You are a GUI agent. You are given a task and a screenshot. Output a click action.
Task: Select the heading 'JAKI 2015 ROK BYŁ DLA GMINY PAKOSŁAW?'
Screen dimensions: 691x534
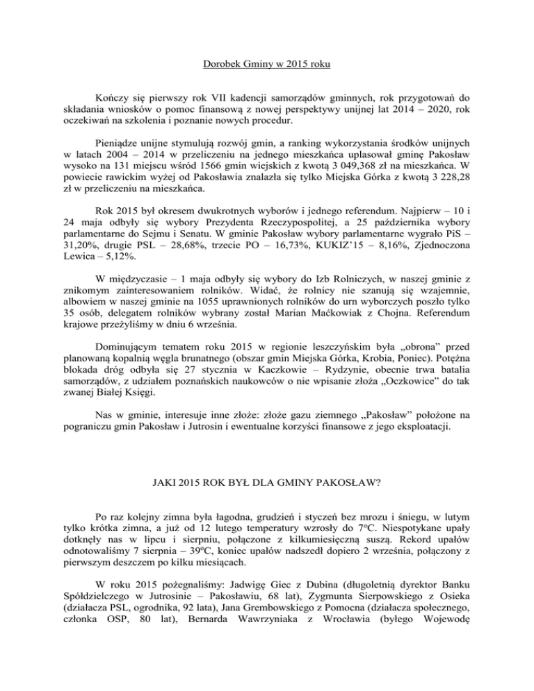[x=266, y=478]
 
